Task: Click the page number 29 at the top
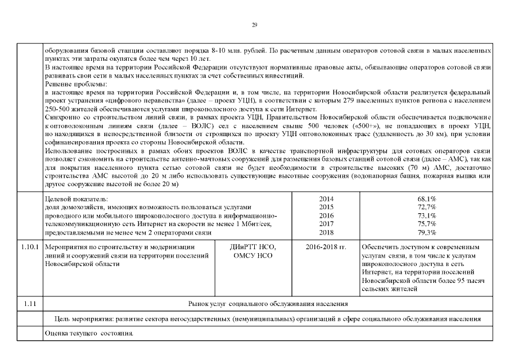pos(254,25)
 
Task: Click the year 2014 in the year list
pos(326,199)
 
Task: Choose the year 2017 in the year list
pos(326,224)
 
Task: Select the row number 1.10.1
pos(29,247)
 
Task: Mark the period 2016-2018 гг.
pos(326,247)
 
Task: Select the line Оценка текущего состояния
pos(89,334)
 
